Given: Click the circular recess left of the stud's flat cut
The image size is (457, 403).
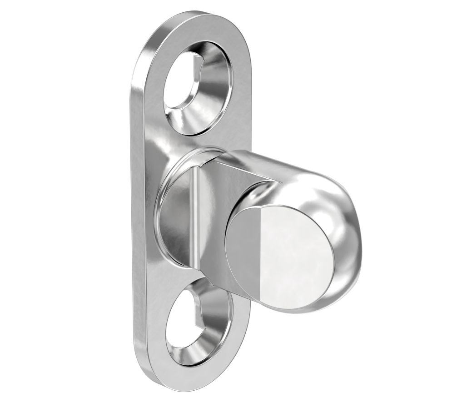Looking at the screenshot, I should [175, 214].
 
